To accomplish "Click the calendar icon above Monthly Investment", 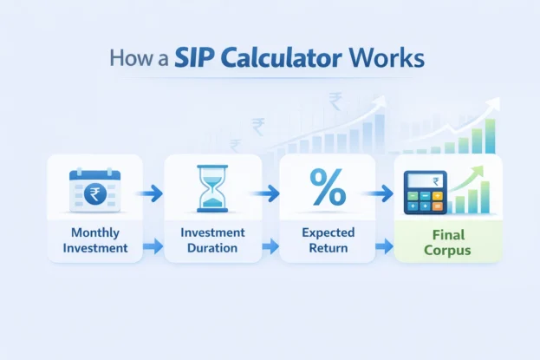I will point(94,188).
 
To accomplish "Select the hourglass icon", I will point(212,190).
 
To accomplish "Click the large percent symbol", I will point(327,187).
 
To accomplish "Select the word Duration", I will point(212,248).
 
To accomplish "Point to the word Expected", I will point(327,232).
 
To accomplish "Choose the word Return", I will point(327,248).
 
